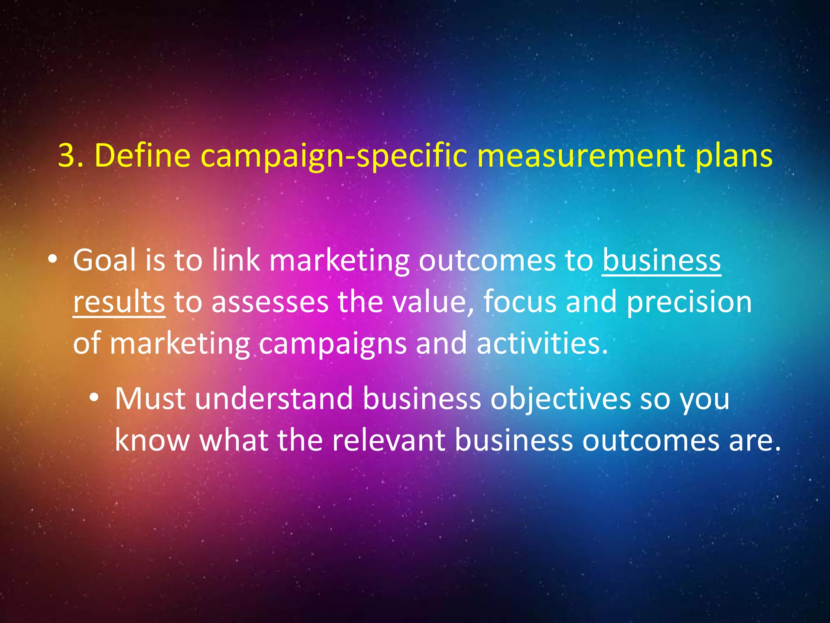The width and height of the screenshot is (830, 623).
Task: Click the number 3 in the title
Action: coord(67,155)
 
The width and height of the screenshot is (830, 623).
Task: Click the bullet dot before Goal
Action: coord(52,260)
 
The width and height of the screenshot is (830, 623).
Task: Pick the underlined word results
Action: coord(119,302)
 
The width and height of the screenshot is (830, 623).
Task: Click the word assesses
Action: coord(270,302)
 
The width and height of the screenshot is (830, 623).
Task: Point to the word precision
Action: coord(689,303)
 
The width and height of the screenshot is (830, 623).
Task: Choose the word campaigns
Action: coord(332,344)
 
